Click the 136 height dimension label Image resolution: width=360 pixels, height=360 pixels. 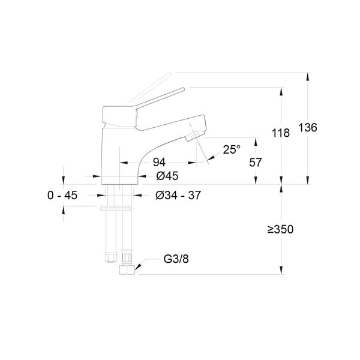308,127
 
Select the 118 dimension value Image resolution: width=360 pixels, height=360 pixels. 281,133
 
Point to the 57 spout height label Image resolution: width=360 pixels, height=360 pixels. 256,163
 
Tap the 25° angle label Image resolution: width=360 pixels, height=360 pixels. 232,149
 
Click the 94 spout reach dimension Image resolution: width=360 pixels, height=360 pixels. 159,163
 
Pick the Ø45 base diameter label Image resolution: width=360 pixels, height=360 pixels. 167,176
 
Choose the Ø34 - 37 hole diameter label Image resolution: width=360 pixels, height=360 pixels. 178,196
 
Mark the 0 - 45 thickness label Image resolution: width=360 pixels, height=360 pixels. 62,196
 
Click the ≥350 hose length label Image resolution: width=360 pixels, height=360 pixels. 280,229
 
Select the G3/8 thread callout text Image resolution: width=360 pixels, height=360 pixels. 176,259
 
